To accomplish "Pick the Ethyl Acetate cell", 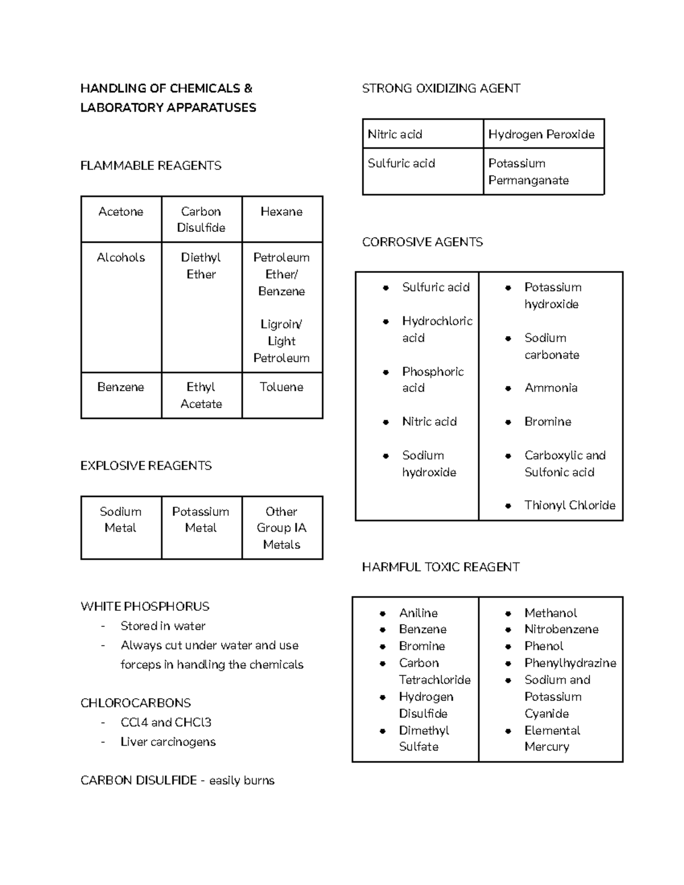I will [x=201, y=395].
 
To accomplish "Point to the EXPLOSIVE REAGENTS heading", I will [x=146, y=466].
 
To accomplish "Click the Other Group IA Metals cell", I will [x=282, y=528].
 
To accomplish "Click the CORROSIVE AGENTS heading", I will [x=422, y=242].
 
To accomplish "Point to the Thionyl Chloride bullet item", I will [x=569, y=505].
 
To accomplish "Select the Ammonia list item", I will [x=551, y=388].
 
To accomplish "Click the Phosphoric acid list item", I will [x=432, y=380].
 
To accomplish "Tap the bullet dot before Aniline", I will [x=383, y=614].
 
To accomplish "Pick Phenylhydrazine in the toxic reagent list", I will [x=570, y=663].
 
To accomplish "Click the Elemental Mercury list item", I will [x=552, y=739].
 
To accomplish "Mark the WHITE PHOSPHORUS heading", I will [x=145, y=606].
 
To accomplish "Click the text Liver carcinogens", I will [x=168, y=742].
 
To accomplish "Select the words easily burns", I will [x=242, y=781].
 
